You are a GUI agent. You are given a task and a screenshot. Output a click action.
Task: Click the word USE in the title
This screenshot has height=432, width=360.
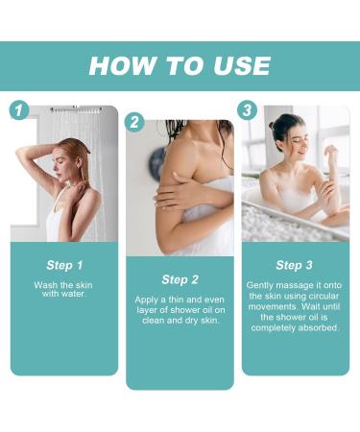(x=239, y=65)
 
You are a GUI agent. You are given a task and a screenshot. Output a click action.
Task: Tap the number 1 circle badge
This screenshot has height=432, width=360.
(x=18, y=109)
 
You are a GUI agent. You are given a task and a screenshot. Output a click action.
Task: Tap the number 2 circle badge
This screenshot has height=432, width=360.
(x=134, y=122)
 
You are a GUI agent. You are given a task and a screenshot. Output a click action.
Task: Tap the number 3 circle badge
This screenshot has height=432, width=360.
(x=248, y=109)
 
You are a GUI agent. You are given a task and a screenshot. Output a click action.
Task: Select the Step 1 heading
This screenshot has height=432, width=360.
(x=64, y=265)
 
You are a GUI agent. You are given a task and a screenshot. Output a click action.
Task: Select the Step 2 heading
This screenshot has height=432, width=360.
(x=180, y=279)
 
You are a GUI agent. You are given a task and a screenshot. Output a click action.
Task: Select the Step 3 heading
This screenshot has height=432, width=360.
(x=295, y=265)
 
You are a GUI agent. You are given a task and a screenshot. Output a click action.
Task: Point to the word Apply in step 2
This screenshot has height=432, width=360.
(x=150, y=300)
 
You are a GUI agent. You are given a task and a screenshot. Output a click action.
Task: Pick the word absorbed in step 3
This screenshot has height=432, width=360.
(x=318, y=328)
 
